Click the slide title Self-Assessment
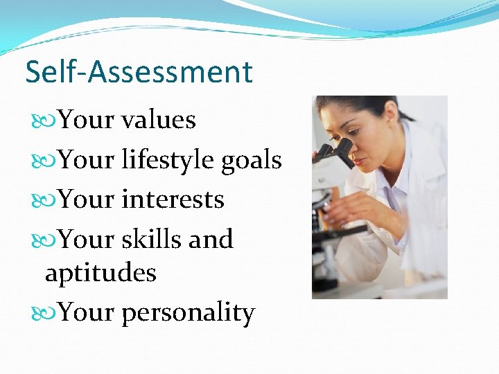139,72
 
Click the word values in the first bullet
158,120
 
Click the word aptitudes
100,273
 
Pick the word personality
188,313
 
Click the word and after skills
211,239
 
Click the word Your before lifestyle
87,160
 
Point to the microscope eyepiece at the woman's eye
342,148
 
